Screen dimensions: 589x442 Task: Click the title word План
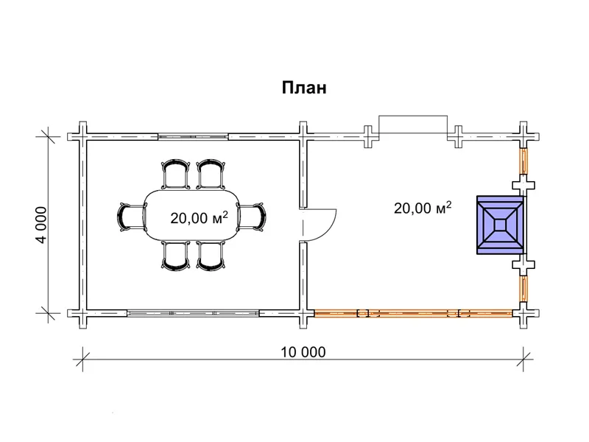304,88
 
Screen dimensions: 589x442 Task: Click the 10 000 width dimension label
303,352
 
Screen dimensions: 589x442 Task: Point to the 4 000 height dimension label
42,225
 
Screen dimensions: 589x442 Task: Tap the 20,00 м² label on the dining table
199,217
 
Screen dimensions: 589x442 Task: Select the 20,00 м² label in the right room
422,207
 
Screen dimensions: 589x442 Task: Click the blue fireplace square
501,225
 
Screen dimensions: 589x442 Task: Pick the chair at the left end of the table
132,217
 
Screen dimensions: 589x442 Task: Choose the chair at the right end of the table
251,216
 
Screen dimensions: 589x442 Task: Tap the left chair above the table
175,174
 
